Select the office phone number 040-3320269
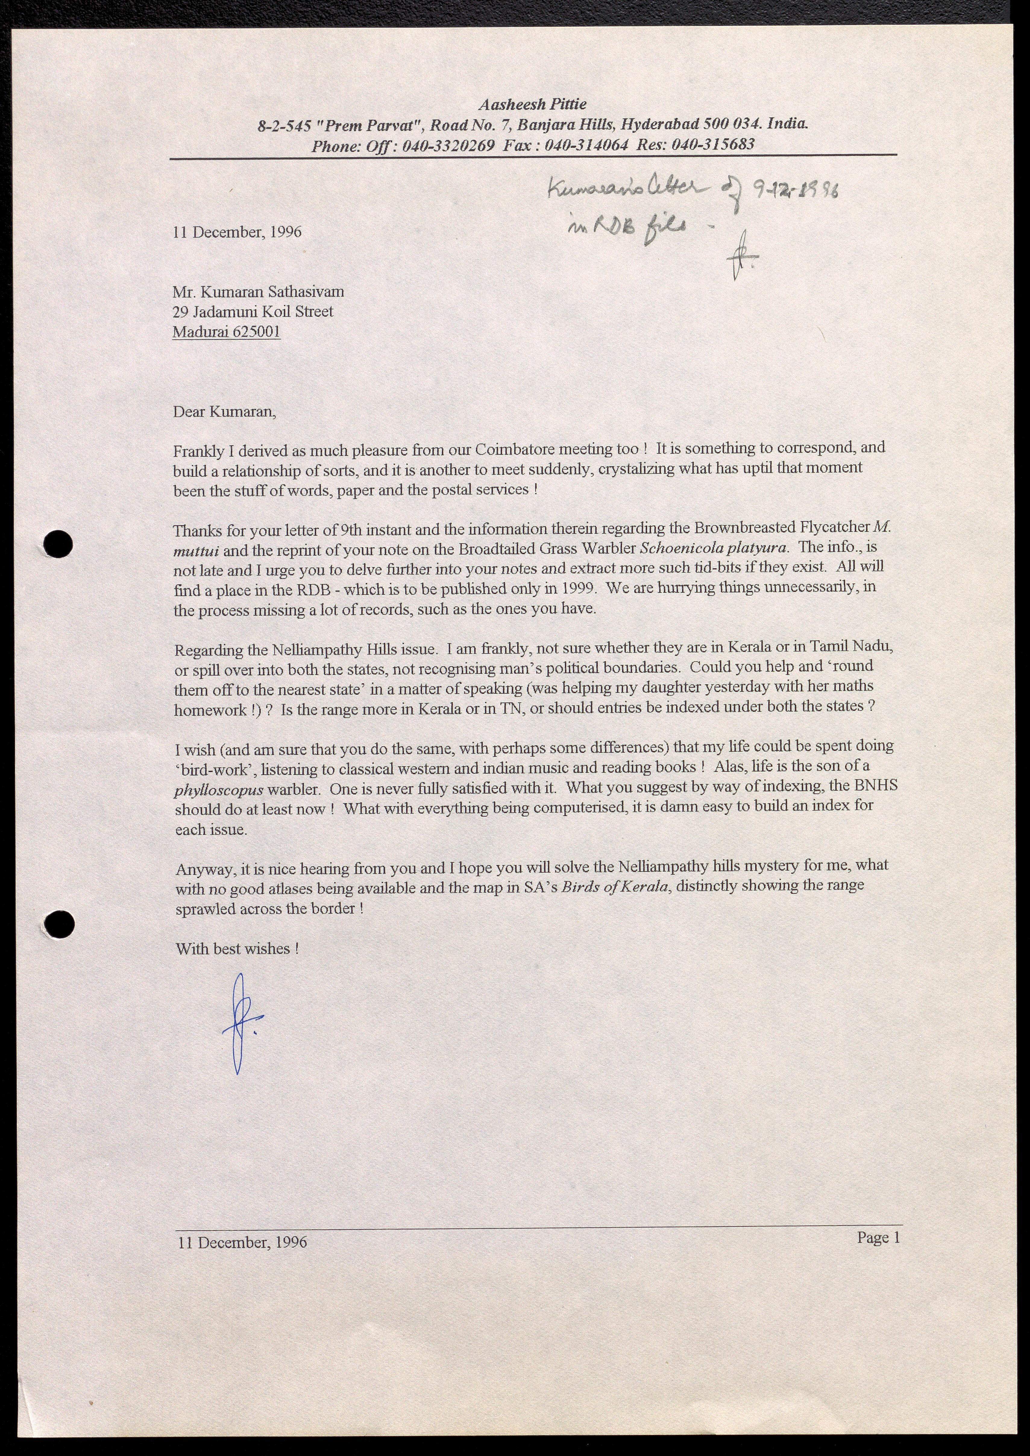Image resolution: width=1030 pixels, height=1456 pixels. pos(448,146)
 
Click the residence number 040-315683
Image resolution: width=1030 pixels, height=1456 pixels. pos(713,145)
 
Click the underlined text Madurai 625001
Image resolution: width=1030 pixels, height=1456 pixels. pos(226,332)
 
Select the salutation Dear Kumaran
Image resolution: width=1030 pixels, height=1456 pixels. pos(225,412)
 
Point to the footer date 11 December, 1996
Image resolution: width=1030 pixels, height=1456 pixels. pos(242,1242)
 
